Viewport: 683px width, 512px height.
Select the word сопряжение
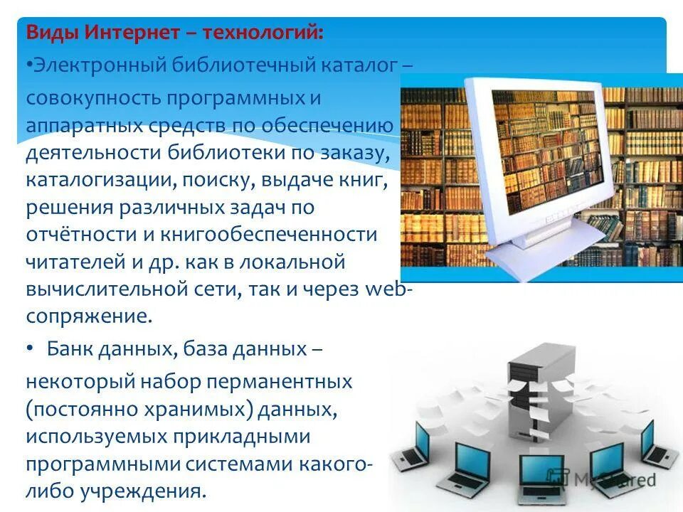click(89, 316)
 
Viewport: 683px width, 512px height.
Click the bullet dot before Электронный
click(30, 66)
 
